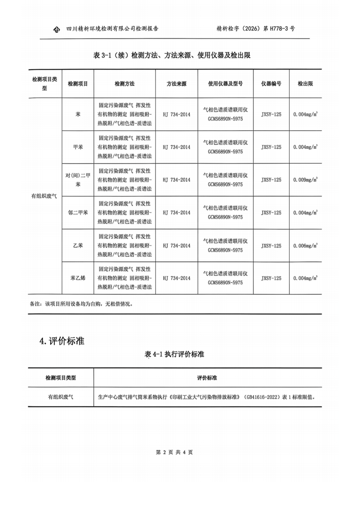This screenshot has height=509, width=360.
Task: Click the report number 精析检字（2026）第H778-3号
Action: (255, 29)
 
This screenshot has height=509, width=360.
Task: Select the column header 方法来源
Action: (176, 84)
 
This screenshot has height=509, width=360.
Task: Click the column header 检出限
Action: (305, 84)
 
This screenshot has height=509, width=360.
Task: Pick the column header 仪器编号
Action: (271, 84)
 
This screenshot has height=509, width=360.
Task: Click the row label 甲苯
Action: (78, 147)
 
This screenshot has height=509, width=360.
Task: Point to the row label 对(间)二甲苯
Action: (78, 180)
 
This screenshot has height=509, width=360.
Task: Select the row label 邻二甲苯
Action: (78, 212)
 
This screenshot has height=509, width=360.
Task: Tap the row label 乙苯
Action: (78, 246)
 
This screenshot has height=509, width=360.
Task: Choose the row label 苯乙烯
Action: (78, 278)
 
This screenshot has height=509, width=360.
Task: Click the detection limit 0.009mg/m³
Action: (305, 180)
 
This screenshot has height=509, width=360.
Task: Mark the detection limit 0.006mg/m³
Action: (305, 246)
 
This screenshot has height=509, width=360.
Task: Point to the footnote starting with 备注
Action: (81, 304)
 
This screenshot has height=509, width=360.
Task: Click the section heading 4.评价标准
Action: (62, 341)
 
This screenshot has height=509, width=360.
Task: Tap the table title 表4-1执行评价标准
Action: (174, 354)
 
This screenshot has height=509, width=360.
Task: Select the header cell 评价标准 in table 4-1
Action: (207, 378)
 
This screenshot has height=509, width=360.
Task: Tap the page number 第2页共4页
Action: (174, 452)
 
